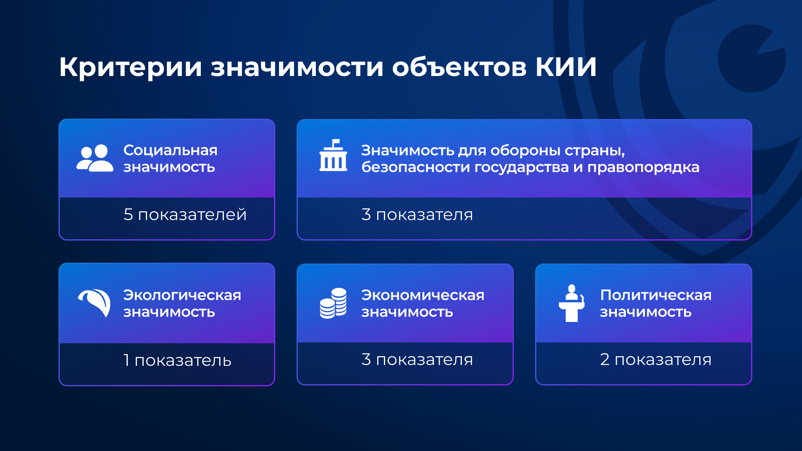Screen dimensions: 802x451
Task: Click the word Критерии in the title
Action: click(131, 67)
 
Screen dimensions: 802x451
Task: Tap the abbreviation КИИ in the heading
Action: click(566, 67)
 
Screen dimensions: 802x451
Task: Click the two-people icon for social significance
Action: click(95, 158)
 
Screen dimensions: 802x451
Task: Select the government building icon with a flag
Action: click(333, 155)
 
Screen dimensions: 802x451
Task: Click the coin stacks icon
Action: click(333, 303)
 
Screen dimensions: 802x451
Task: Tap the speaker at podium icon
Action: click(571, 303)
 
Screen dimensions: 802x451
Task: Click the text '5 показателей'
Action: click(185, 215)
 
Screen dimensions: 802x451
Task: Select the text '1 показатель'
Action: click(178, 360)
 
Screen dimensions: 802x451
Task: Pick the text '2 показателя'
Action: click(656, 360)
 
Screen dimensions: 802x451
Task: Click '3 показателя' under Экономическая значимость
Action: click(417, 360)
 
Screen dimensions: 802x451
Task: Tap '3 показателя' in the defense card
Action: click(417, 215)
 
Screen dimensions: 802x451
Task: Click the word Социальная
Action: click(170, 150)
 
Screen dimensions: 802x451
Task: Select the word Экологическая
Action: click(182, 295)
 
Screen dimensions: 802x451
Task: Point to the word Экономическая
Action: click(423, 295)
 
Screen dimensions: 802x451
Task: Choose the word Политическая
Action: click(656, 295)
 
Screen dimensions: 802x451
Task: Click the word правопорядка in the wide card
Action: click(643, 168)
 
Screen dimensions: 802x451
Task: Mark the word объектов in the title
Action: click(459, 67)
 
